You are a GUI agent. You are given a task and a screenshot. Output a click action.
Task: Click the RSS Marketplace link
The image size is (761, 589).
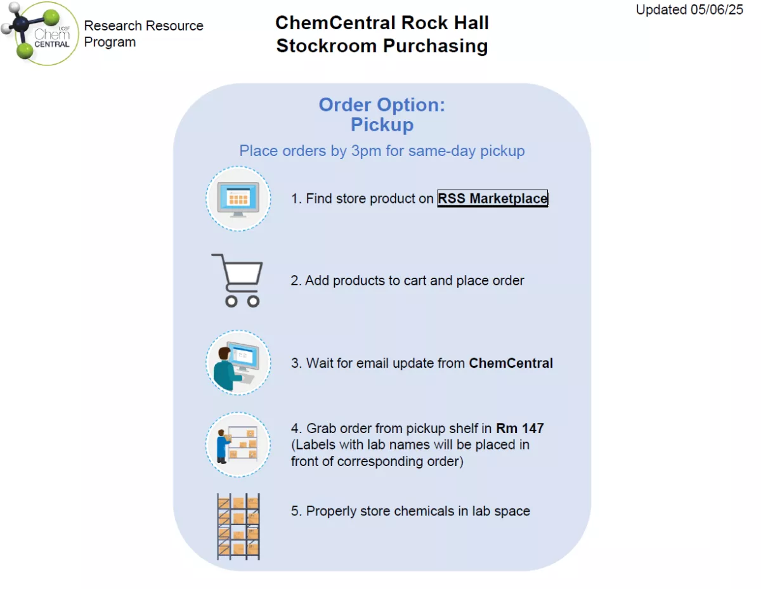492,198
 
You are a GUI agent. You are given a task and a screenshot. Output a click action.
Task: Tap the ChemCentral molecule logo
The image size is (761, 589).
39,33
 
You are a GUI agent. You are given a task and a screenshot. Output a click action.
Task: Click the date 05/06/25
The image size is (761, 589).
716,10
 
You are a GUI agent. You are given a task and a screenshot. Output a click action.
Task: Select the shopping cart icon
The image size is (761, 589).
237,280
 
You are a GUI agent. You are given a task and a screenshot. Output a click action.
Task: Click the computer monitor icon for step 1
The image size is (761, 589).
238,199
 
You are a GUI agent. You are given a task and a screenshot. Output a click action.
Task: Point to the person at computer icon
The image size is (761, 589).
238,363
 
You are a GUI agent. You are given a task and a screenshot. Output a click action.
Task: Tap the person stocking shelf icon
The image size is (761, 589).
238,444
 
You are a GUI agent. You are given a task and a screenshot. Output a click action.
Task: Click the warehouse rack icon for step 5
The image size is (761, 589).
238,526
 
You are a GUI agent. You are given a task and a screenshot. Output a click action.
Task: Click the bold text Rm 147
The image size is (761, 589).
520,428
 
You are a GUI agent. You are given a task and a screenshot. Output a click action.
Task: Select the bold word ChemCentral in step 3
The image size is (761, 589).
511,363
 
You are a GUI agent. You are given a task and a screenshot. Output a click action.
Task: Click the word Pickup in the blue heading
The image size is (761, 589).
382,125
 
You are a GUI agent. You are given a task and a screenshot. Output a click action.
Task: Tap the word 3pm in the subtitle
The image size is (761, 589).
366,151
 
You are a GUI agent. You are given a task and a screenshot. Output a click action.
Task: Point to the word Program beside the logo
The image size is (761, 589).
110,42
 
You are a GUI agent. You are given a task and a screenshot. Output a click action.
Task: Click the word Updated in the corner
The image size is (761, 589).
661,10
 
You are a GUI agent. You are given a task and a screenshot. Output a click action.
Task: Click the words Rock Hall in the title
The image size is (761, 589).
445,23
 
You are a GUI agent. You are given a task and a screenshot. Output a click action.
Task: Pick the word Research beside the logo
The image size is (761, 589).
113,26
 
